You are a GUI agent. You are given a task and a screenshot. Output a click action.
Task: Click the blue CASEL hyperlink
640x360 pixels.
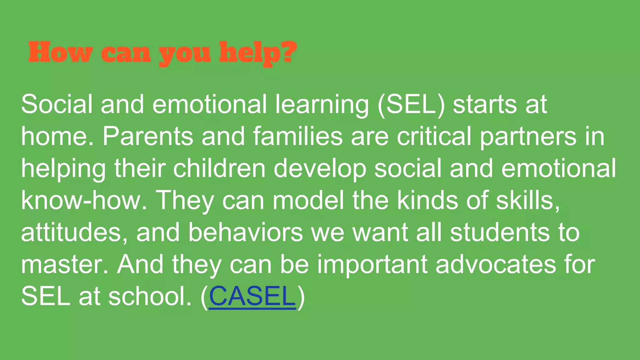(252, 296)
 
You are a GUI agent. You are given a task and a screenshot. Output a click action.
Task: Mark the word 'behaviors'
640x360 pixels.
(246, 232)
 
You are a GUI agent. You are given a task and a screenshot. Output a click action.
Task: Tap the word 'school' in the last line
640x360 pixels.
(148, 296)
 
